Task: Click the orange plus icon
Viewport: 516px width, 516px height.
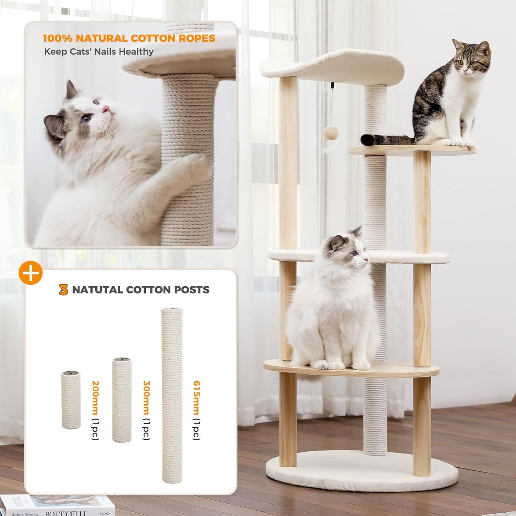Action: tap(31, 273)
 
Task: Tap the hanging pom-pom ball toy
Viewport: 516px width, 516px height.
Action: tap(331, 133)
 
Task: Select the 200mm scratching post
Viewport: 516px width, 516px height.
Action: tap(71, 400)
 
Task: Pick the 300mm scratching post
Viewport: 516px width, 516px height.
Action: tap(122, 400)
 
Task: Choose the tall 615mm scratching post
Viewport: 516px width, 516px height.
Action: tap(172, 395)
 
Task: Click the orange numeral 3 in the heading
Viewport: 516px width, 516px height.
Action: tap(64, 290)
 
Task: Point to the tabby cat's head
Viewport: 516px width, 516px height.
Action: tap(471, 61)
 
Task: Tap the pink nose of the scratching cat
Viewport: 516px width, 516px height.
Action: tap(106, 108)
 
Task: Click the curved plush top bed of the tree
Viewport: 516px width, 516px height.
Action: tap(332, 66)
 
